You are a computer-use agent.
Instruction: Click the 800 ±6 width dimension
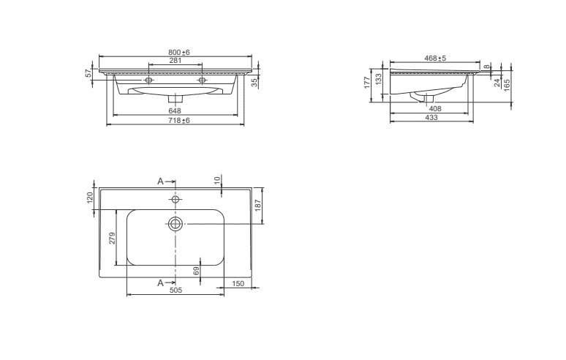coord(178,53)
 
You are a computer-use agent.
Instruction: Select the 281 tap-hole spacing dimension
coord(176,60)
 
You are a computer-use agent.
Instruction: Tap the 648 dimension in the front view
coord(175,110)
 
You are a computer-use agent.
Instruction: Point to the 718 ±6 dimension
coord(178,121)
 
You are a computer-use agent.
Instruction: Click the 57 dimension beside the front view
coord(88,73)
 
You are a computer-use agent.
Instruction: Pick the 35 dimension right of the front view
coord(254,83)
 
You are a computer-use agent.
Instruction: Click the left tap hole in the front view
coord(148,80)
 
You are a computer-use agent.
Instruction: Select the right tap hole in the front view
coord(202,80)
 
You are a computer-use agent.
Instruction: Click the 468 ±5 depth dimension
coord(435,58)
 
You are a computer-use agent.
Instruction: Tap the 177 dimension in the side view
coord(368,83)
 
